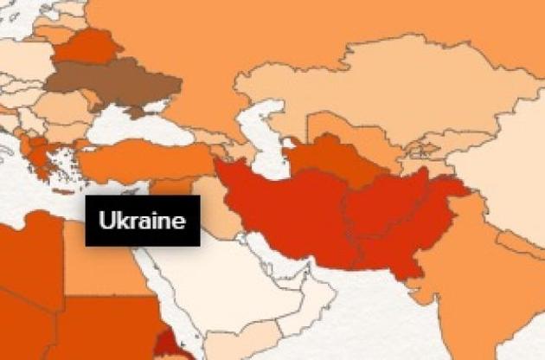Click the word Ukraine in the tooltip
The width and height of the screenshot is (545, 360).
click(x=142, y=221)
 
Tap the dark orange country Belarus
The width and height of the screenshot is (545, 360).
click(x=87, y=47)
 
